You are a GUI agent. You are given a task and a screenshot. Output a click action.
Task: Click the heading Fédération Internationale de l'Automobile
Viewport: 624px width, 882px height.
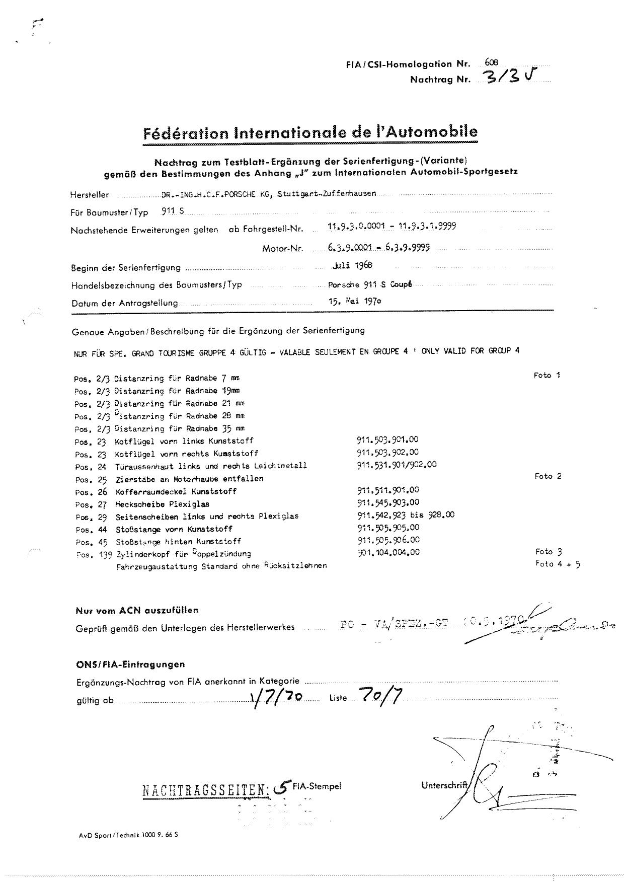(310, 133)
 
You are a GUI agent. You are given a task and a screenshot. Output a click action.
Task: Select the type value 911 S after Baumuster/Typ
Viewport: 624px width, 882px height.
(173, 211)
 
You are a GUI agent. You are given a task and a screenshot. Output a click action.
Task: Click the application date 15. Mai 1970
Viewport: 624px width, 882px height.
(354, 302)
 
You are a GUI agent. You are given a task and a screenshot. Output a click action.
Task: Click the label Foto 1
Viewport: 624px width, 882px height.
(547, 376)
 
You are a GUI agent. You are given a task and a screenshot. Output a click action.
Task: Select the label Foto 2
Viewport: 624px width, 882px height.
(548, 476)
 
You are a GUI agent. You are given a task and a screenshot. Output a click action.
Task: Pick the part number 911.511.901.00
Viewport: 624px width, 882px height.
(388, 490)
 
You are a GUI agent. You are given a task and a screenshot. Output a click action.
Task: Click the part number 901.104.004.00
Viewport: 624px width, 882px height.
(388, 552)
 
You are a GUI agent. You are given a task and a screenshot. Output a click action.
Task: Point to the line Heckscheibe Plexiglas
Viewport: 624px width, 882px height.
(162, 504)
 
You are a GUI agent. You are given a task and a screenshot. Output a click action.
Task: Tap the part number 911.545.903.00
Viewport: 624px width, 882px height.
(388, 502)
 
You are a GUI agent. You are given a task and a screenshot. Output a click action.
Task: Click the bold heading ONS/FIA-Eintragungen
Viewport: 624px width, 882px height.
(130, 665)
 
